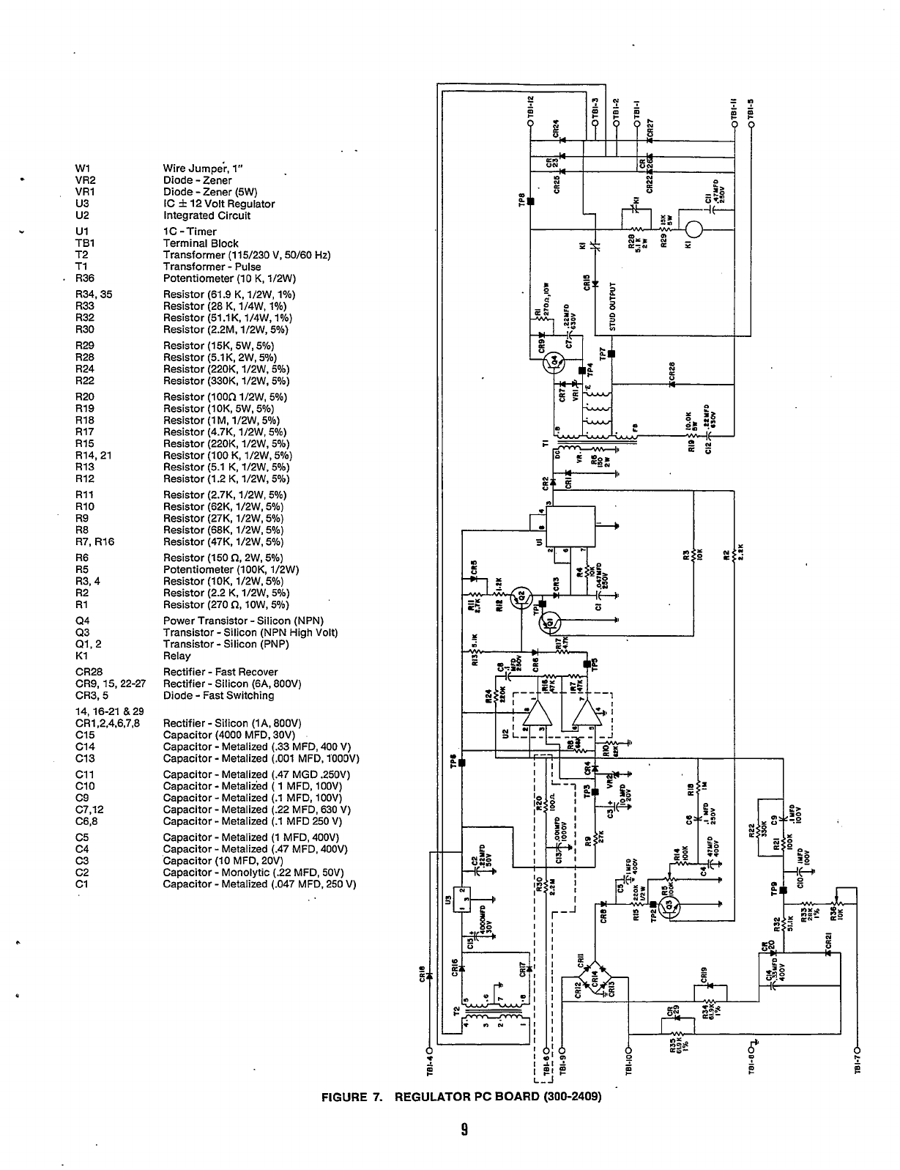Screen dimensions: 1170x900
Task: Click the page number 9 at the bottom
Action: (464, 1129)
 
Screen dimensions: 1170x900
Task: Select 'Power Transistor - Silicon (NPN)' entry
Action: (243, 621)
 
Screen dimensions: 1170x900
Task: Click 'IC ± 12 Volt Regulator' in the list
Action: (219, 204)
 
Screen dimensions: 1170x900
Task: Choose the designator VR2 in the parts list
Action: (86, 180)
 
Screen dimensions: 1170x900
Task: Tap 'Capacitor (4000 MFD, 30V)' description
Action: (228, 735)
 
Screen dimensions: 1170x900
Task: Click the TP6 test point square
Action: (461, 763)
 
